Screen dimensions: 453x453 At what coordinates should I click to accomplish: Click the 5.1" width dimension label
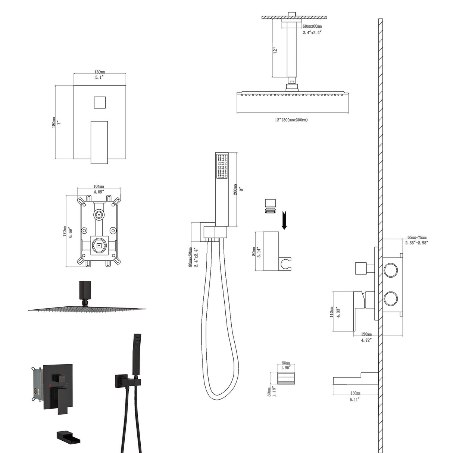coord(99,77)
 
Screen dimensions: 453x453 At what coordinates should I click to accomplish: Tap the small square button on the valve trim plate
coord(99,102)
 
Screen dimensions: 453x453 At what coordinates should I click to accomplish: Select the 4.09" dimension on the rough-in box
coord(99,192)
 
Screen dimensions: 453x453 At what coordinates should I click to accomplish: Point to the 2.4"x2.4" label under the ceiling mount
coord(312,32)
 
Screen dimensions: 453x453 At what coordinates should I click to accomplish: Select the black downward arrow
coord(284,220)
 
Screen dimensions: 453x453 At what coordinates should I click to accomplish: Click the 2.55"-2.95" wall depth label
coord(417,243)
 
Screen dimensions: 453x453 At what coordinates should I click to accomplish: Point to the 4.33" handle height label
coord(338,312)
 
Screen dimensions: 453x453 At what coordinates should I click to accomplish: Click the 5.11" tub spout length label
coord(354,399)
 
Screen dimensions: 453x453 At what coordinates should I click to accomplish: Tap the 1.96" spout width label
coord(286,368)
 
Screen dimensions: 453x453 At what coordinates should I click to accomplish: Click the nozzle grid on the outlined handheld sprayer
coord(221,166)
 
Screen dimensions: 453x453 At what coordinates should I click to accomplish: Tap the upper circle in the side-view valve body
coord(391,270)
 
